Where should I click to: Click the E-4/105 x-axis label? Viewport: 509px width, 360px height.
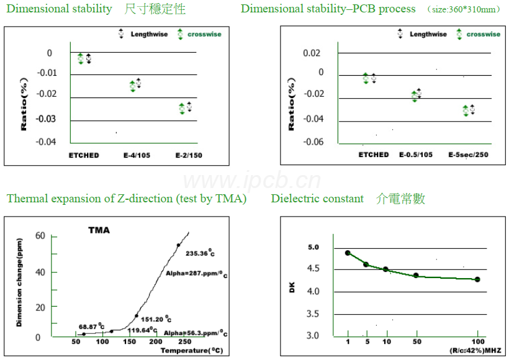135,155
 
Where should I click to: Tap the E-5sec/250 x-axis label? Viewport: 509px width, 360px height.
468,155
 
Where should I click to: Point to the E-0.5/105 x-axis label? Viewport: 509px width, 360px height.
415,155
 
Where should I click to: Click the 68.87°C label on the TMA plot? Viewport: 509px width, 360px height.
91,326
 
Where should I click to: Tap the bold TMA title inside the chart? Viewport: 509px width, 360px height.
99,230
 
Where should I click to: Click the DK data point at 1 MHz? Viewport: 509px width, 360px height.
348,253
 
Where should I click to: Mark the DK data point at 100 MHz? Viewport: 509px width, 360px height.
477,279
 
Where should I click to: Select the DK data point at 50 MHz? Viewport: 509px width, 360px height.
416,275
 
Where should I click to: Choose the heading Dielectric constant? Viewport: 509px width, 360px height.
317,199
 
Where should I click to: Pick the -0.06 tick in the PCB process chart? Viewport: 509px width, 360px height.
313,142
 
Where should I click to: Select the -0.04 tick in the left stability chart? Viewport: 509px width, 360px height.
47,142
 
